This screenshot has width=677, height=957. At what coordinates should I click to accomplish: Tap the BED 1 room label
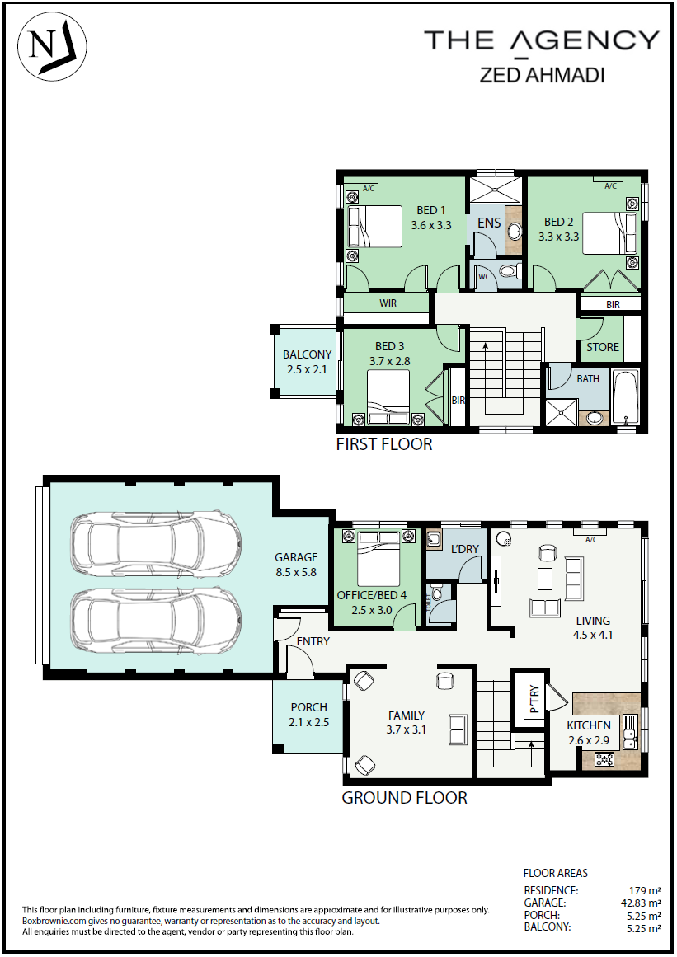click(x=431, y=210)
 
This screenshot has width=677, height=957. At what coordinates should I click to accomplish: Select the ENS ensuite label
click(x=489, y=223)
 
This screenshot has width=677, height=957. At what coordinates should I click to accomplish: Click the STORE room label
click(x=603, y=347)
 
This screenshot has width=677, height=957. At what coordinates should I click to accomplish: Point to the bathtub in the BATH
click(x=625, y=398)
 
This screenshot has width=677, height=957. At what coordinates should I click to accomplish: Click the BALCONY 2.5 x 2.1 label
click(x=307, y=362)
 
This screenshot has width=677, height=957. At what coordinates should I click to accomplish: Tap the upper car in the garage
click(x=156, y=543)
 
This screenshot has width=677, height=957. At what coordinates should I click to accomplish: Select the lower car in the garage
click(x=156, y=621)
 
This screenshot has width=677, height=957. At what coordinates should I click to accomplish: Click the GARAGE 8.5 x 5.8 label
click(x=296, y=565)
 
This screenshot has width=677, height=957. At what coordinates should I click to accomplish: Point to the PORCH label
click(x=309, y=707)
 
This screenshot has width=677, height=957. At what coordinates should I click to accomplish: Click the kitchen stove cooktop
click(x=605, y=760)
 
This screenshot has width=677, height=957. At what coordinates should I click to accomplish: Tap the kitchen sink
click(x=629, y=732)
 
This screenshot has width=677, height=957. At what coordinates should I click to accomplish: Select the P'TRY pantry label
click(x=534, y=700)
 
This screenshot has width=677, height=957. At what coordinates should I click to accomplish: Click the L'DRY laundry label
click(x=464, y=549)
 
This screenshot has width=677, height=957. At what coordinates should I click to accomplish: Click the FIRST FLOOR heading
click(x=384, y=444)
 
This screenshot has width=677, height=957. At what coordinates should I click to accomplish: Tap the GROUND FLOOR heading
click(x=404, y=798)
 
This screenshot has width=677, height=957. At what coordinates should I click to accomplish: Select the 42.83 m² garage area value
click(x=641, y=903)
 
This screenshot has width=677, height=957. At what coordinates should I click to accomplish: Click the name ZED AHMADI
click(x=542, y=74)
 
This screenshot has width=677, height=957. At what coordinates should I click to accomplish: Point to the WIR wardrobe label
click(x=388, y=303)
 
